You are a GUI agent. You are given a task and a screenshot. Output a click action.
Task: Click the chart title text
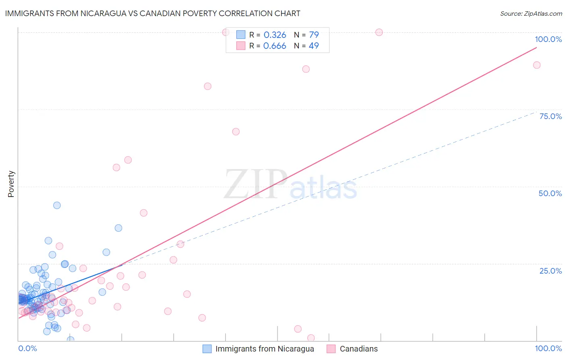click(152, 13)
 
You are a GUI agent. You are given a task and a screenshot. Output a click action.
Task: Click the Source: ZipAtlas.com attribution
click(531, 14)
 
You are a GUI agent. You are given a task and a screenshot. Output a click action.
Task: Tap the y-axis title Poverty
click(11, 184)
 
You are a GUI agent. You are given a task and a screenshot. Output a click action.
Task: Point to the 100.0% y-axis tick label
click(548, 39)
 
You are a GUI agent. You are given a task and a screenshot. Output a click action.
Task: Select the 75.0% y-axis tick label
click(550, 116)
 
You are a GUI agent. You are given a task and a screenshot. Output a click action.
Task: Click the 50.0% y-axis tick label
click(550, 193)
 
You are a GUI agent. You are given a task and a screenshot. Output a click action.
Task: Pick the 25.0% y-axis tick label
click(550, 271)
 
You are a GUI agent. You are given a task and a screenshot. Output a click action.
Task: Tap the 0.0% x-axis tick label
click(27, 348)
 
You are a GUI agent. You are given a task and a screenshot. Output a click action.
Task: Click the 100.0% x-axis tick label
click(548, 348)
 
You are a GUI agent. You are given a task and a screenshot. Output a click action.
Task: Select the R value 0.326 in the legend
click(275, 35)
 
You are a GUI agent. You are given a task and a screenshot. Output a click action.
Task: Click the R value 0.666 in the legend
click(275, 46)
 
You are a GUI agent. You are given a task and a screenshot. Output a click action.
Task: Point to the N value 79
click(314, 35)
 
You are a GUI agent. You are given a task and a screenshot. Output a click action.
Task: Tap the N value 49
click(314, 46)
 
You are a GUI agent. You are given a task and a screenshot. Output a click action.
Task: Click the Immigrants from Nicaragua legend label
click(265, 349)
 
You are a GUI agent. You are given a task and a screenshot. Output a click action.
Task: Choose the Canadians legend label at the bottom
click(359, 349)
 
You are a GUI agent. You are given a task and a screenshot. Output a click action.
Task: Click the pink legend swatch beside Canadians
click(331, 349)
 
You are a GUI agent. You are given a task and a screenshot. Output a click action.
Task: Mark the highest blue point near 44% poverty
click(57, 205)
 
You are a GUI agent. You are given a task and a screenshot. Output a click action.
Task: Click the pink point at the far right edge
click(537, 65)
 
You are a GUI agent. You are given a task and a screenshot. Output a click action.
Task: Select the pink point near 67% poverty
click(236, 132)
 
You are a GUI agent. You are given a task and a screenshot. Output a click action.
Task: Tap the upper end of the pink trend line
click(536, 48)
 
